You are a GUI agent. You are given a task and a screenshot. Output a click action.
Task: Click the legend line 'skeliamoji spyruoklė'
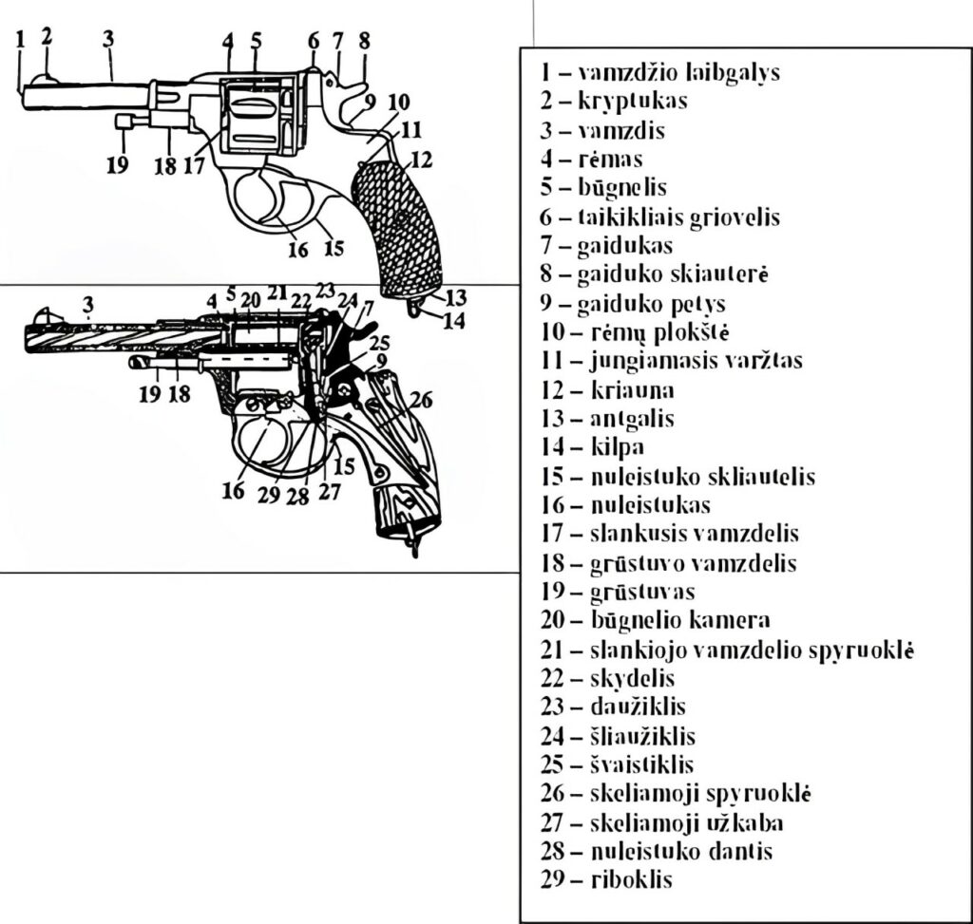tap(675, 793)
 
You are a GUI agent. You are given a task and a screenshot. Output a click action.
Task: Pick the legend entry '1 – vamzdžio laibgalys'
tap(659, 72)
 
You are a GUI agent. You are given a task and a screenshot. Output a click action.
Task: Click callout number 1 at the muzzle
tap(20, 41)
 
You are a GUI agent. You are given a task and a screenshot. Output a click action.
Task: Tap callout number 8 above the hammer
tap(364, 40)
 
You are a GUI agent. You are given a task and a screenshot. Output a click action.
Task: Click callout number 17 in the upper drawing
tap(194, 164)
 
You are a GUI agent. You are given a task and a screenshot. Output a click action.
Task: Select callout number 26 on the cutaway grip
tap(421, 401)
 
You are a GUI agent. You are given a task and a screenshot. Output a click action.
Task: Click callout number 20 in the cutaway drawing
tap(250, 300)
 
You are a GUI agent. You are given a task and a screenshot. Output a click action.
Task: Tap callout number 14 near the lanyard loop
tap(453, 321)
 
